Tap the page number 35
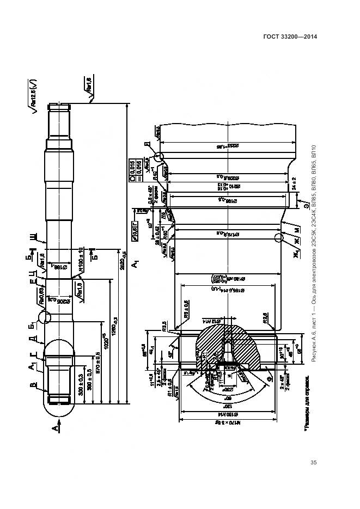(313, 463)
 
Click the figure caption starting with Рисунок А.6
(314, 256)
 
